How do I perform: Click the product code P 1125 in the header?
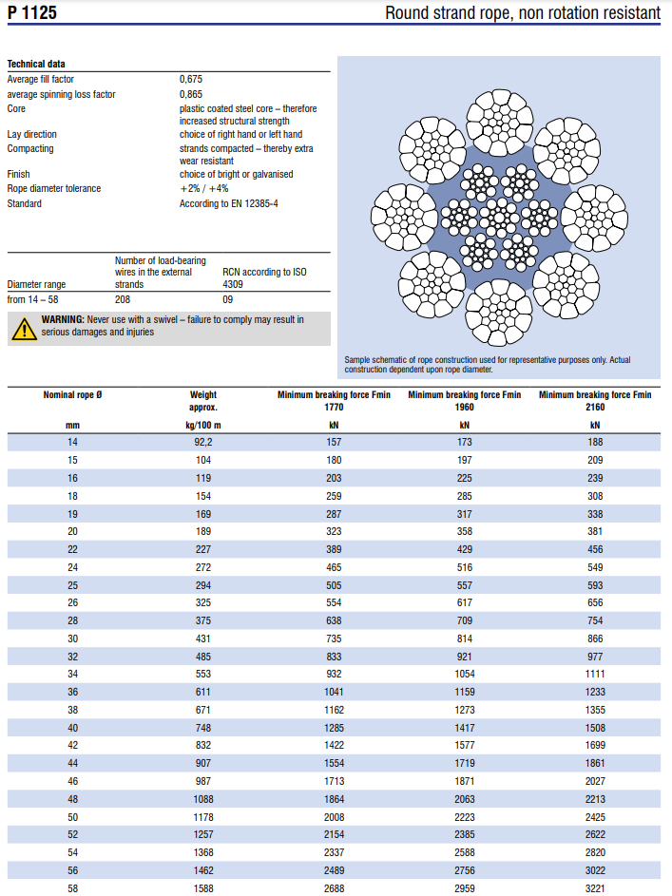(32, 12)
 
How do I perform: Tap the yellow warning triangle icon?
(24, 330)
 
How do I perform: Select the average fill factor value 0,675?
(191, 79)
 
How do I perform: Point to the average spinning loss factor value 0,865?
(191, 94)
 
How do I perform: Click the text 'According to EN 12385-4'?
(228, 203)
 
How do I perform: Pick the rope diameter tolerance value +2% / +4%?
(204, 188)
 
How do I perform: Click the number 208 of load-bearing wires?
(123, 299)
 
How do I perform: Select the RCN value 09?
(227, 299)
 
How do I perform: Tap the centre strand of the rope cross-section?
(499, 218)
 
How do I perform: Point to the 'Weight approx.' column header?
(203, 401)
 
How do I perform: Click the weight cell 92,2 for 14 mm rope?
(203, 442)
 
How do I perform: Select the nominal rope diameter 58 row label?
(72, 888)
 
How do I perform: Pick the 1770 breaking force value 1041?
(334, 692)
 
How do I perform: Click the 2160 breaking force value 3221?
(595, 888)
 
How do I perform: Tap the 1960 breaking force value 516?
(465, 567)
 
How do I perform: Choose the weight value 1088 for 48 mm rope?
(203, 799)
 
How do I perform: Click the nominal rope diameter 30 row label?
(72, 639)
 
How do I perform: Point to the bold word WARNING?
(63, 319)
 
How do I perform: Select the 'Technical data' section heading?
(36, 64)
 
